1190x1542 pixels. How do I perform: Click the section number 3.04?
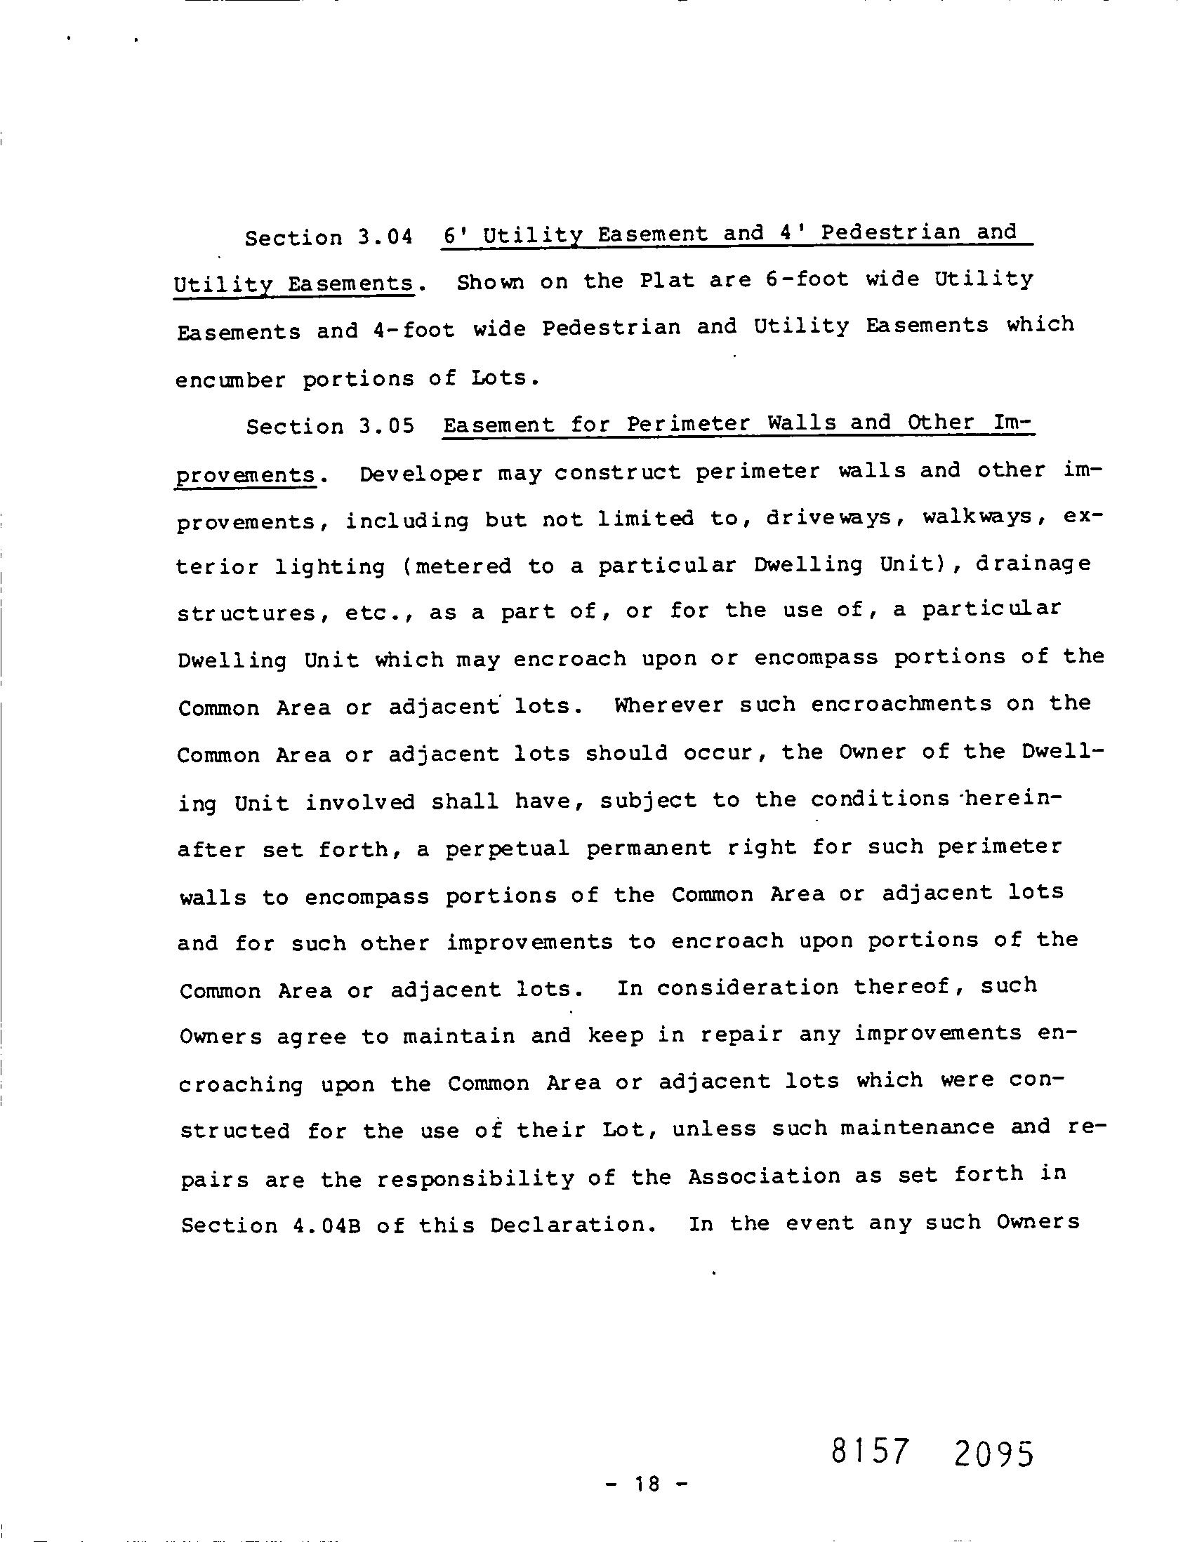[x=385, y=237]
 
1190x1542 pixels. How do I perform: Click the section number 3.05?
[x=386, y=427]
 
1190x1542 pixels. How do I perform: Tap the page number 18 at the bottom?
[x=646, y=1484]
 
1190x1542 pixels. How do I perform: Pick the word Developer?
[x=421, y=473]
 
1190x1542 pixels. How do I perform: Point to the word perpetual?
[x=507, y=848]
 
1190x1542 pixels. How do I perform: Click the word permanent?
[x=648, y=847]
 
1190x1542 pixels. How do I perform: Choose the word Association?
[x=764, y=1176]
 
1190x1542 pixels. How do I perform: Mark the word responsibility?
[x=475, y=1178]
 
